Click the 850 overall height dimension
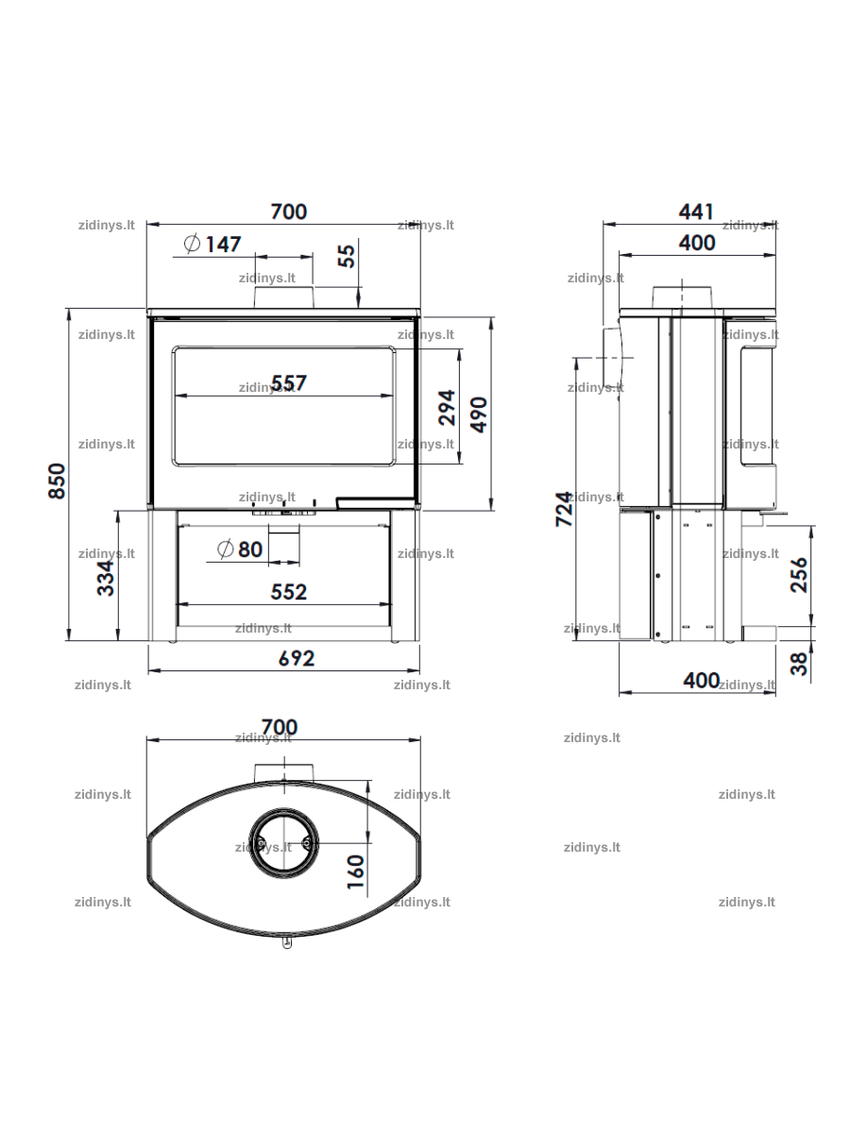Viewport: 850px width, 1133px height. click(57, 481)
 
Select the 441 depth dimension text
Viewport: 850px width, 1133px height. click(696, 211)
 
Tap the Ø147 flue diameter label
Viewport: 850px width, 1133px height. click(212, 244)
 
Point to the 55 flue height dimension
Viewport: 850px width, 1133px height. click(347, 256)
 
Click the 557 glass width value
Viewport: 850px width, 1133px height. click(289, 382)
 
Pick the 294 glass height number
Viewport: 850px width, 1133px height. click(447, 408)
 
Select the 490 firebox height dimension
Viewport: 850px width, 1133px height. click(479, 414)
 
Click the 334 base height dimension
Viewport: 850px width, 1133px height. click(106, 578)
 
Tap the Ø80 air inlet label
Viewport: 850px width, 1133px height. click(240, 550)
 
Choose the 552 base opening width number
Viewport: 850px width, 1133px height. click(289, 592)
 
